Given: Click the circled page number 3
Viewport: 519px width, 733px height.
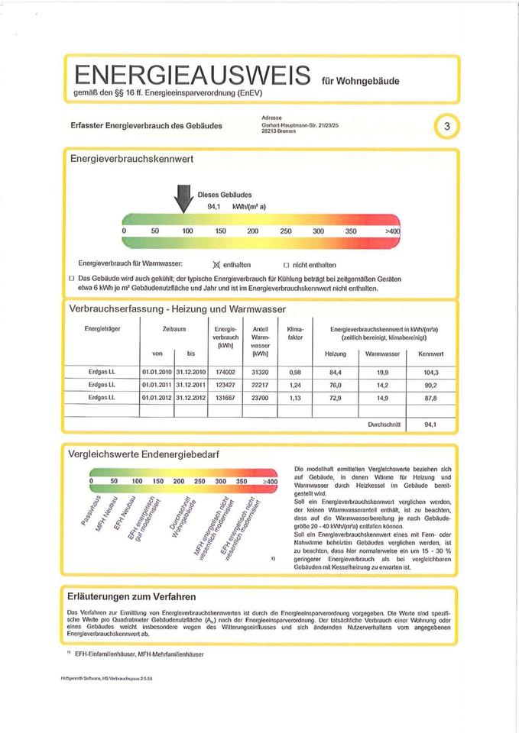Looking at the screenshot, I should tap(446, 126).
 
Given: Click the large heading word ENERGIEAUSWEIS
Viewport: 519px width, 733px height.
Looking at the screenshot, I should tap(191, 76).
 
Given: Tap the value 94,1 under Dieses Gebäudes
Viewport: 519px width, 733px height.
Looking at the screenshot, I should tap(214, 206).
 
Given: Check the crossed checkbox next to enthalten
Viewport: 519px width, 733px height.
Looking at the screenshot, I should tap(216, 264).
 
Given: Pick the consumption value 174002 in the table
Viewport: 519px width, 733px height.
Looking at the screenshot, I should tap(225, 372).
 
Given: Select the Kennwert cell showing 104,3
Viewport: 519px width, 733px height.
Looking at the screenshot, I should tap(430, 372).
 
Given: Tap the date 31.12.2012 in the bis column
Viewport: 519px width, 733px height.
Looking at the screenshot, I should tap(191, 398).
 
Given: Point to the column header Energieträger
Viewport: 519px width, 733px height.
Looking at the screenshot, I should tap(102, 329).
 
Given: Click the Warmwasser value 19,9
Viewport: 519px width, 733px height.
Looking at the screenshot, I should tap(382, 372).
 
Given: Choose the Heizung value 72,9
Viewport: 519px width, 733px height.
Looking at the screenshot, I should tap(335, 398).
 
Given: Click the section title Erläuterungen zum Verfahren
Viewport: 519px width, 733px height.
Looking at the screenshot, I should tap(131, 596).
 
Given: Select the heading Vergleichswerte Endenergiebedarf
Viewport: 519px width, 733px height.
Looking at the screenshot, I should tap(144, 454).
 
